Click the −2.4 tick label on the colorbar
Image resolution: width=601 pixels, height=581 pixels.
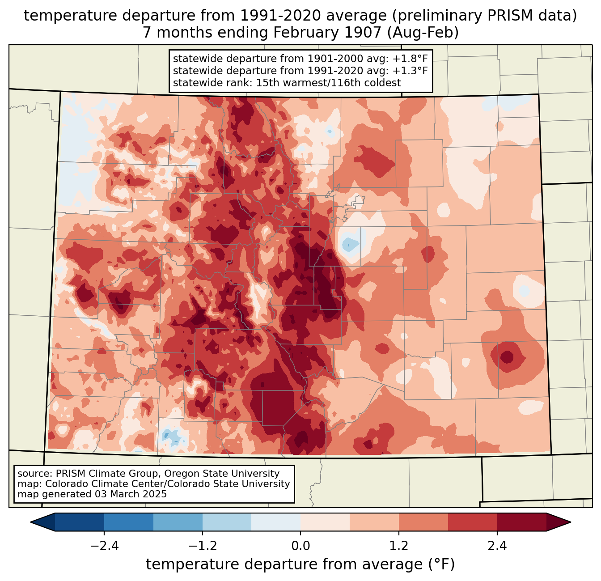click(104, 546)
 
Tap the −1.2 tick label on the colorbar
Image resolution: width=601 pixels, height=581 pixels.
click(202, 546)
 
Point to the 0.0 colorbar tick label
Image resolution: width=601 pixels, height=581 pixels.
click(300, 546)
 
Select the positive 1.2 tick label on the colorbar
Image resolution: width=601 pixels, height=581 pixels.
click(399, 546)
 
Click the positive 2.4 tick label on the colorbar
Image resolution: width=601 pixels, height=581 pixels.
click(497, 546)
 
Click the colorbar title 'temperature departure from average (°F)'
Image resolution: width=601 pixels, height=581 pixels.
click(300, 564)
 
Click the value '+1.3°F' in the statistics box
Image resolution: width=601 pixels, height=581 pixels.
click(411, 71)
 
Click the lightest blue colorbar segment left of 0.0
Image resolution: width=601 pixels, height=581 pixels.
click(276, 522)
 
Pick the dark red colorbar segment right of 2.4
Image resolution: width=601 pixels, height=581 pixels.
click(521, 522)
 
